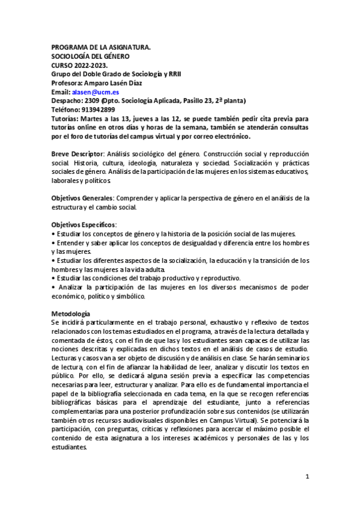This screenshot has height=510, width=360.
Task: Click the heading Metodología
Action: [x=71, y=314]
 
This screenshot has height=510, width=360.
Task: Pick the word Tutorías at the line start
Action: [x=65, y=119]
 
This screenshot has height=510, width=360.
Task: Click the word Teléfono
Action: [x=65, y=110]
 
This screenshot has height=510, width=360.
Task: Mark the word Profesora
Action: [x=68, y=84]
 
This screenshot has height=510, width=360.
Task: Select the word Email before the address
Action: [x=60, y=93]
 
